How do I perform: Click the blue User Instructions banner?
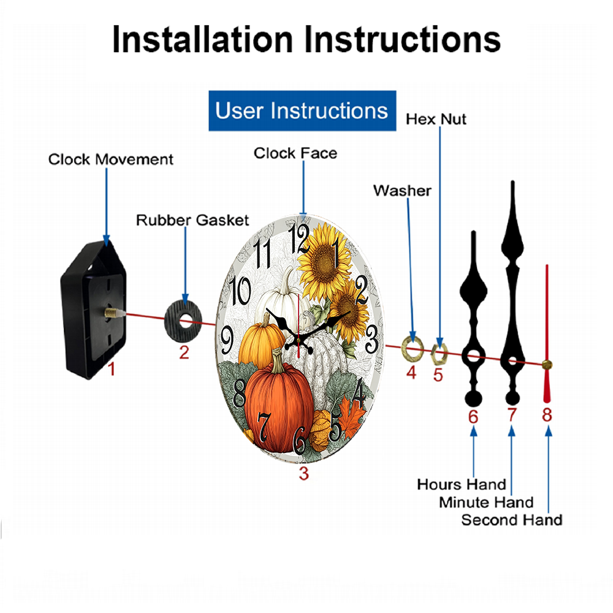[x=302, y=110]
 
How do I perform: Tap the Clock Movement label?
[x=110, y=159]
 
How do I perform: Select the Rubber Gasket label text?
[x=192, y=220]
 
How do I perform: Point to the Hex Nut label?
[x=436, y=120]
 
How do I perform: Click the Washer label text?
[x=402, y=191]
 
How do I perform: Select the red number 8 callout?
[x=547, y=415]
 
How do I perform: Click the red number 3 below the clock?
[x=304, y=473]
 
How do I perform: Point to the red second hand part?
[x=547, y=333]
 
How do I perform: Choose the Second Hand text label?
[x=512, y=520]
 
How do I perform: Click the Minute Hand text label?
[x=486, y=503]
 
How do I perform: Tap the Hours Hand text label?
[x=462, y=484]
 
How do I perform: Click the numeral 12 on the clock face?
[x=299, y=239]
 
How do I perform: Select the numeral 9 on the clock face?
[x=227, y=340]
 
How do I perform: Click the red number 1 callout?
[x=112, y=368]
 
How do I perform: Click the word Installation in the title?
[x=202, y=39]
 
